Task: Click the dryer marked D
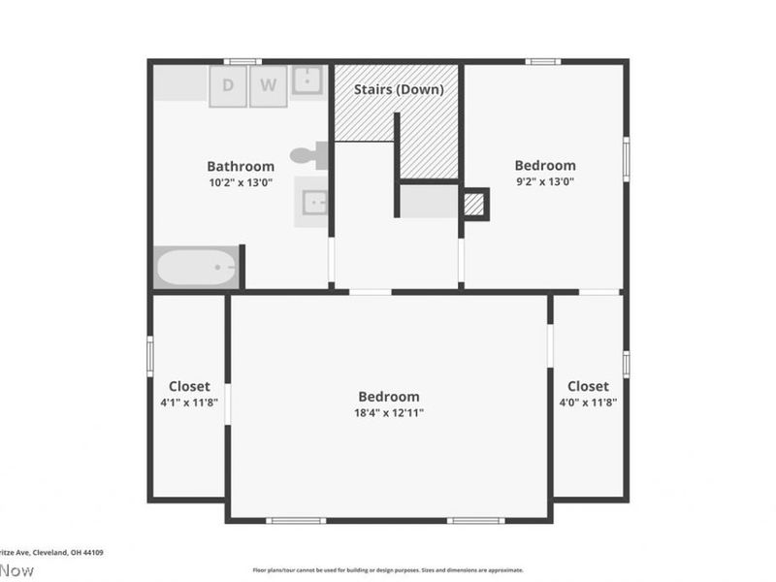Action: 229,84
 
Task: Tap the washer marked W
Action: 269,84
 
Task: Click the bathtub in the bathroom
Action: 198,268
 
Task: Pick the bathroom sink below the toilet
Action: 312,203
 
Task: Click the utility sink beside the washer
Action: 308,81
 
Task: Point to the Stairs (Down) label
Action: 399,89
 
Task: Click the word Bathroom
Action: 241,166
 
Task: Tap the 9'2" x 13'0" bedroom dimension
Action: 544,180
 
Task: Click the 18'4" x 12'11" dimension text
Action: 389,412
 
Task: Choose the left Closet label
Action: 189,386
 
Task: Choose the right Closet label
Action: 588,386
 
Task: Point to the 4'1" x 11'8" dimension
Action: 189,402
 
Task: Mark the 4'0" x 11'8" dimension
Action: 588,402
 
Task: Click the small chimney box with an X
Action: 473,204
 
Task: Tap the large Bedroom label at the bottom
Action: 389,396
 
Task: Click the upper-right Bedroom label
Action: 544,165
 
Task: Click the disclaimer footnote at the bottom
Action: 388,570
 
